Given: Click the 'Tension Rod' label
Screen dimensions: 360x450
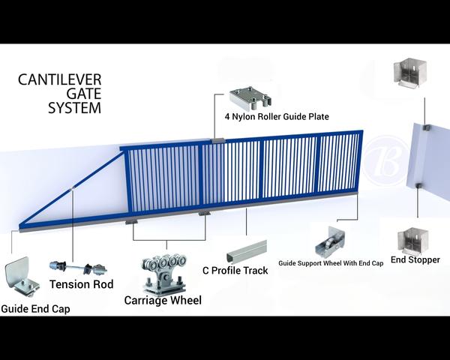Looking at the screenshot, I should tap(81, 284).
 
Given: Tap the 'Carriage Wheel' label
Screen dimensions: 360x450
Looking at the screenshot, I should tap(163, 301).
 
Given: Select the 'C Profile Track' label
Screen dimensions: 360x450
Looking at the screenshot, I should tap(235, 270).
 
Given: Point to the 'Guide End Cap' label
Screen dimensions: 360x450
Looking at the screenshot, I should tap(35, 308).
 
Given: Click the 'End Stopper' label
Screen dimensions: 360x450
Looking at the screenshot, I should tap(415, 259).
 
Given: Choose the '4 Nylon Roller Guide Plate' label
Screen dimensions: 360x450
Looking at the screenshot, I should tap(276, 117).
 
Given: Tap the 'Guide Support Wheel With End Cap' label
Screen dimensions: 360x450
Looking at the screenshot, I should tap(330, 263).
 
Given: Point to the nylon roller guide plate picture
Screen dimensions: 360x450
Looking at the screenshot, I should tap(249, 98).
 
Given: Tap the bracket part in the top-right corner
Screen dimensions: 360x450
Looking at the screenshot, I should tap(406, 74).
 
